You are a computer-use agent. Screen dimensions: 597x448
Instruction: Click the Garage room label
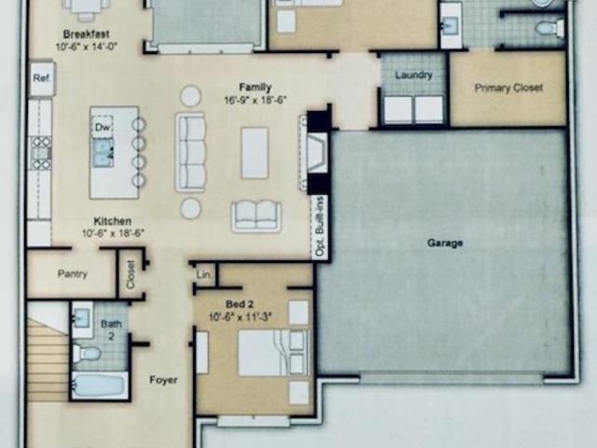pos(445,243)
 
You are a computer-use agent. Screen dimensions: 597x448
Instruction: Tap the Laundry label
pos(413,75)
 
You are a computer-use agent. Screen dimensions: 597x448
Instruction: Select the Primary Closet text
pos(508,88)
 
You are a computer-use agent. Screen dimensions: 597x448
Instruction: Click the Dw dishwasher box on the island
pos(102,127)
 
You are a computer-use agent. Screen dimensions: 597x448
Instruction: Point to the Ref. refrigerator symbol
pos(42,78)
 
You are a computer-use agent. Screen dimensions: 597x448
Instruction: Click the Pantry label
pos(73,273)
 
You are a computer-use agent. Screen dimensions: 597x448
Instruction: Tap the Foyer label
pos(163,380)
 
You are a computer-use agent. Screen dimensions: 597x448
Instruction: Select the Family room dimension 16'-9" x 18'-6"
pos(255,100)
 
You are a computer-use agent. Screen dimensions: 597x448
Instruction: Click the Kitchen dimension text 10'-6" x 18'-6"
pos(113,232)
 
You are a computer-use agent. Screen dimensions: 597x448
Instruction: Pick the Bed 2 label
pos(240,304)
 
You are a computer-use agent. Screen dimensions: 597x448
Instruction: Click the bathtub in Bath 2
pos(100,385)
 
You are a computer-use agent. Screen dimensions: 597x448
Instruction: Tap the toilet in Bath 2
pos(87,353)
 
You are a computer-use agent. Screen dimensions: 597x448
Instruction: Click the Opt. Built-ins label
pos(321,226)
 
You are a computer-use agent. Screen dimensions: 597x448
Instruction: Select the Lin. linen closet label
pos(204,274)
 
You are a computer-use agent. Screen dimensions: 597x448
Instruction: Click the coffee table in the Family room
pos(255,153)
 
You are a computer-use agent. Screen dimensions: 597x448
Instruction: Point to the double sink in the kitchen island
pos(103,153)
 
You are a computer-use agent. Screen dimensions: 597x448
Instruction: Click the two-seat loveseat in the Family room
pos(257,217)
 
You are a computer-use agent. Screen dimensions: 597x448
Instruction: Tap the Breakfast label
pos(86,34)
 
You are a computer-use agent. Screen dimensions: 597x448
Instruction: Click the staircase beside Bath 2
pos(48,360)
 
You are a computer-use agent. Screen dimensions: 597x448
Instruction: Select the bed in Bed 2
pos(273,353)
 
